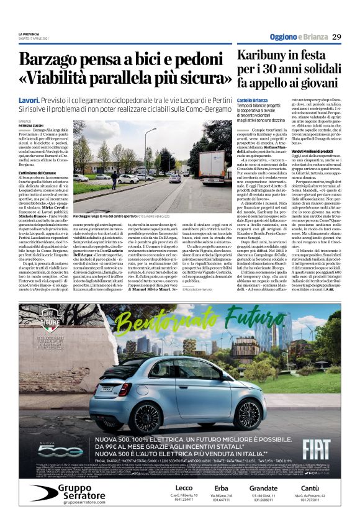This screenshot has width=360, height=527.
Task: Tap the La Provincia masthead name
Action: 29,34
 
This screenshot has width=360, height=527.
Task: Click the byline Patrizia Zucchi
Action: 31,125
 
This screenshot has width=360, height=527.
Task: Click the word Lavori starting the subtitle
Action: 29,100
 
